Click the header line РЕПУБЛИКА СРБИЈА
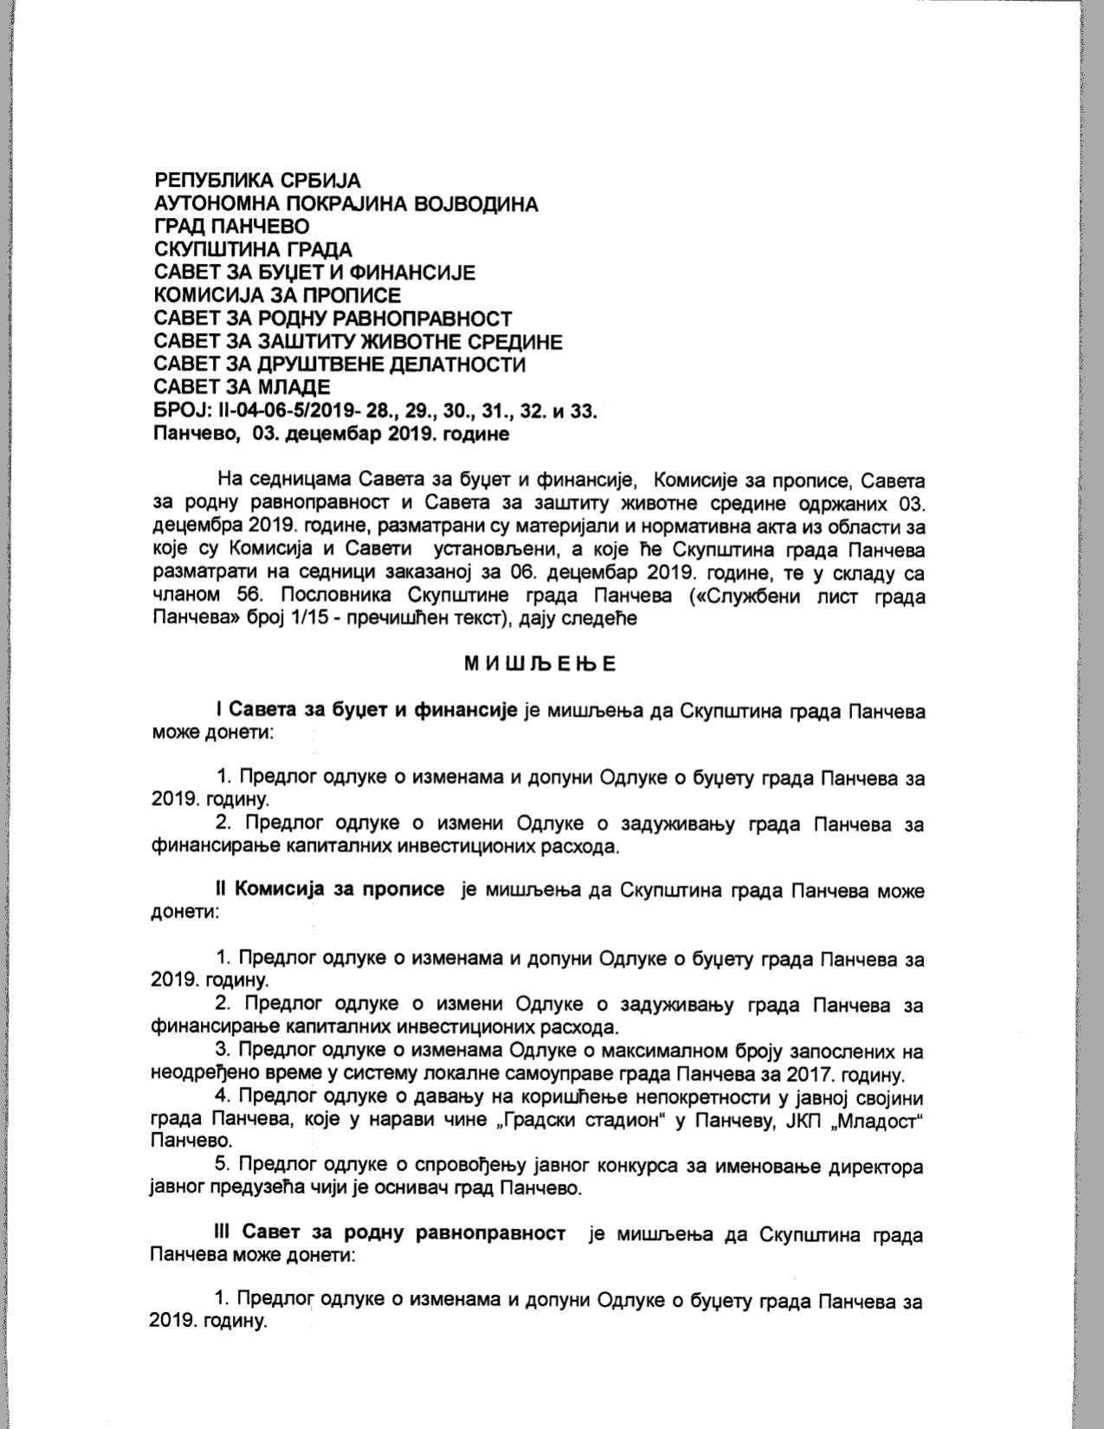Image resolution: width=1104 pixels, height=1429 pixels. coord(256,181)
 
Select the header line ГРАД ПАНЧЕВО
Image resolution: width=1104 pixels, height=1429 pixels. coord(231,227)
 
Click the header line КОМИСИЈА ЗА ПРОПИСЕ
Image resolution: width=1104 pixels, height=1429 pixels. coord(277,295)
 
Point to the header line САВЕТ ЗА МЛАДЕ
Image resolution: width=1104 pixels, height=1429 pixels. coord(242,387)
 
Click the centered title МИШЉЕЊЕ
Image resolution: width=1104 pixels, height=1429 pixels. coord(539,665)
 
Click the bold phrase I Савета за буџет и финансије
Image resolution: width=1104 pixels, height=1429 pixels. coord(367,711)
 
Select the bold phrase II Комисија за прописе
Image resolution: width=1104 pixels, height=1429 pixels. coord(330,890)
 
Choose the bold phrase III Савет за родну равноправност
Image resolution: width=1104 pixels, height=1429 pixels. coord(391,1233)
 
